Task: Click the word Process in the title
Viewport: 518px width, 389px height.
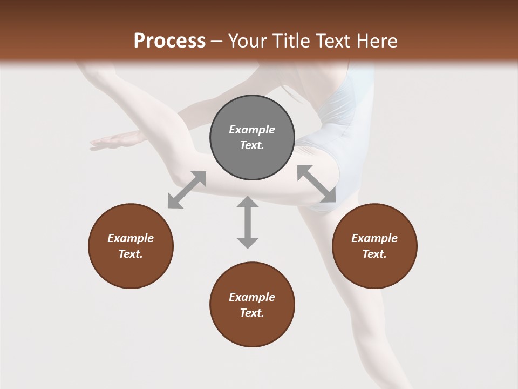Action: [169, 41]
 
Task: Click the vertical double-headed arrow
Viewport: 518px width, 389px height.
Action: [248, 222]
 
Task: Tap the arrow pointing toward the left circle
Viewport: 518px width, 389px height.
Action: [187, 190]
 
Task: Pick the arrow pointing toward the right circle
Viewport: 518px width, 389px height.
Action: [316, 184]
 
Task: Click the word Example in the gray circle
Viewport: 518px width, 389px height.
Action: [252, 130]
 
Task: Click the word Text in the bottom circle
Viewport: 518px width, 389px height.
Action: [252, 313]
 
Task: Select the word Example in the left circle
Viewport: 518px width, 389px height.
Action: [131, 238]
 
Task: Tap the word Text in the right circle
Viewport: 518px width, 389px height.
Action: [374, 254]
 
